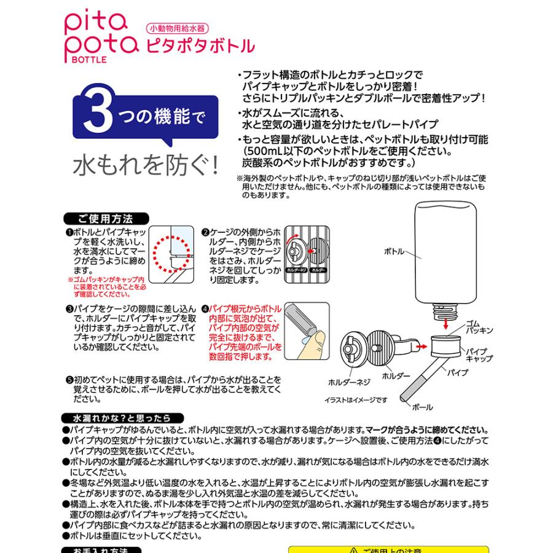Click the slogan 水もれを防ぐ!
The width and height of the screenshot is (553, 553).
[146, 164]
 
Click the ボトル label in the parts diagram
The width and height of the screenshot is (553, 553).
[394, 252]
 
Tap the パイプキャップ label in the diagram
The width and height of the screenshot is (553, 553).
[479, 354]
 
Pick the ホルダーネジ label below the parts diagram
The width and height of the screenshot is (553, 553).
[348, 382]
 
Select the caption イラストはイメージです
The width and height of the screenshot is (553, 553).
[356, 400]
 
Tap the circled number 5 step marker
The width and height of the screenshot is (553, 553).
[69, 380]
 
